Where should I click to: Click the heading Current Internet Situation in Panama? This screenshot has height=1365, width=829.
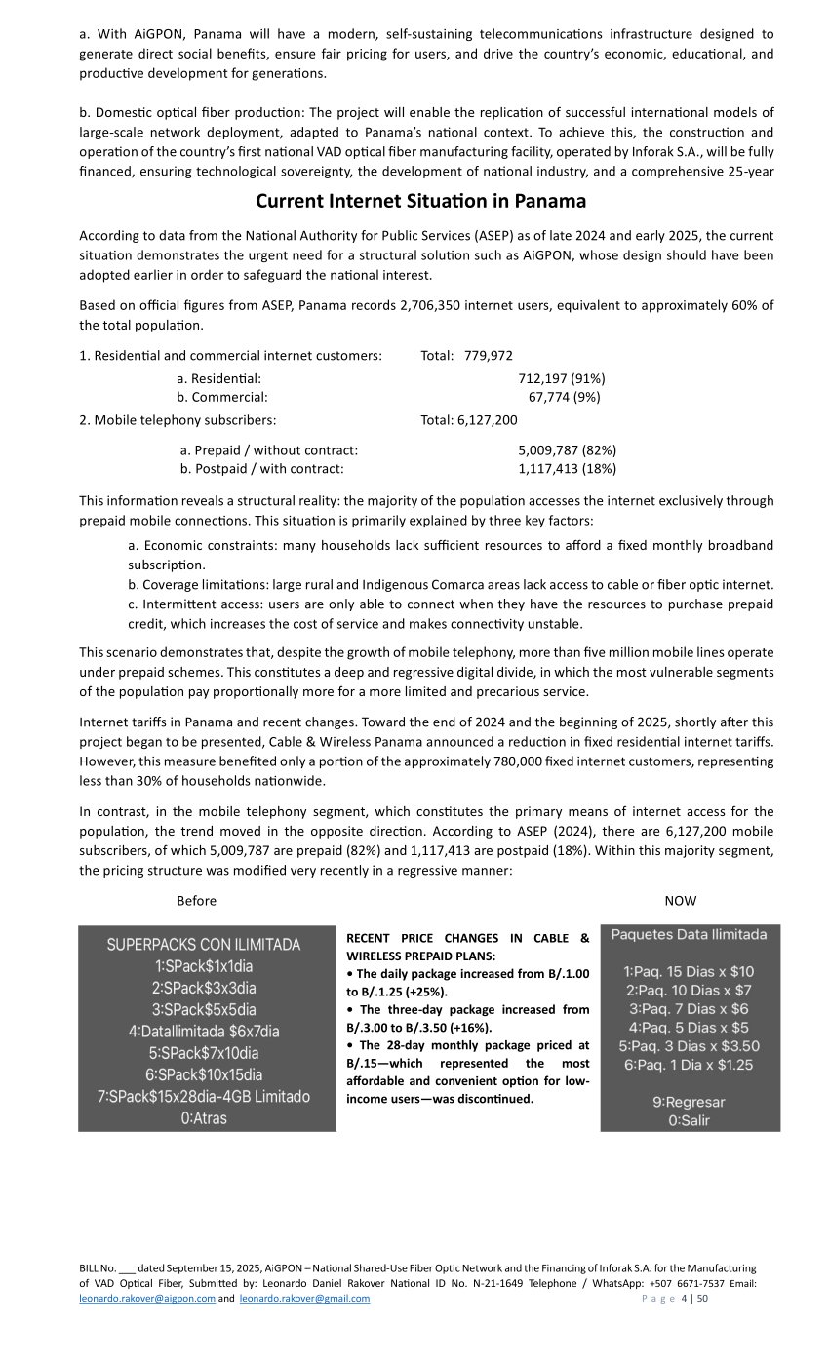pyautogui.click(x=420, y=201)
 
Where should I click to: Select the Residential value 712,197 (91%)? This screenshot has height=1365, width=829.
pyautogui.click(x=562, y=378)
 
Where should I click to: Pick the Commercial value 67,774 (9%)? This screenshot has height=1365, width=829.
pyautogui.click(x=564, y=397)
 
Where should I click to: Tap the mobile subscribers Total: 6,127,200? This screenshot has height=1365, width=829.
pyautogui.click(x=469, y=420)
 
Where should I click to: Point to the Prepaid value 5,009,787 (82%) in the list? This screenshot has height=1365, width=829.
pyautogui.click(x=567, y=450)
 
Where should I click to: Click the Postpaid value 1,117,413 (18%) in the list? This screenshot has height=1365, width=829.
pyautogui.click(x=567, y=469)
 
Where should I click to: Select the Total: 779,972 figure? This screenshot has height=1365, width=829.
pyautogui.click(x=466, y=356)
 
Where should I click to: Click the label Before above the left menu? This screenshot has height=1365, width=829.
pyautogui.click(x=196, y=901)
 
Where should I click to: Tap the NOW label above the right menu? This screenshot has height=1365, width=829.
pyautogui.click(x=681, y=901)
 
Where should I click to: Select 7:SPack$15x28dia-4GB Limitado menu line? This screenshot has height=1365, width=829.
pyautogui.click(x=204, y=1097)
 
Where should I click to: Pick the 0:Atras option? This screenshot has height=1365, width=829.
pyautogui.click(x=204, y=1118)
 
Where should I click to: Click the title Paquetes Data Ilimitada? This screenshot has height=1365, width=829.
pyautogui.click(x=689, y=935)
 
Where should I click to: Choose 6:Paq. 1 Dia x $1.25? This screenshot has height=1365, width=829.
pyautogui.click(x=689, y=1065)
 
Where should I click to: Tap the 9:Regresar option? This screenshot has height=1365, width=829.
pyautogui.click(x=689, y=1103)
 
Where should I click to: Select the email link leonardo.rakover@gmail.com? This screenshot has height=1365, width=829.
pyautogui.click(x=304, y=1299)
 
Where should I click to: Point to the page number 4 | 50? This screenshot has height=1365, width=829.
pyautogui.click(x=694, y=1299)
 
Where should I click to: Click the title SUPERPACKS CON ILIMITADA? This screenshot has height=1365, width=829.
pyautogui.click(x=204, y=945)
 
